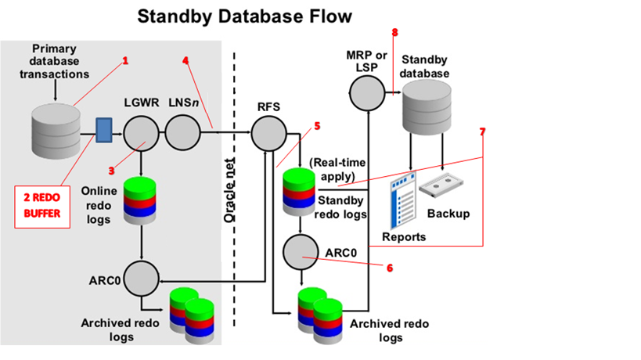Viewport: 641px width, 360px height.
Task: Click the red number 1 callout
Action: click(x=125, y=60)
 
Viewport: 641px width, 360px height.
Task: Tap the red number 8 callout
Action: click(x=394, y=33)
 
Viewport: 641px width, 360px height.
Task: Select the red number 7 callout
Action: click(x=483, y=131)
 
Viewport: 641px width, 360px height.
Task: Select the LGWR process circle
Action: click(x=141, y=132)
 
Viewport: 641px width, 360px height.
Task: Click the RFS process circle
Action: click(x=268, y=132)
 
